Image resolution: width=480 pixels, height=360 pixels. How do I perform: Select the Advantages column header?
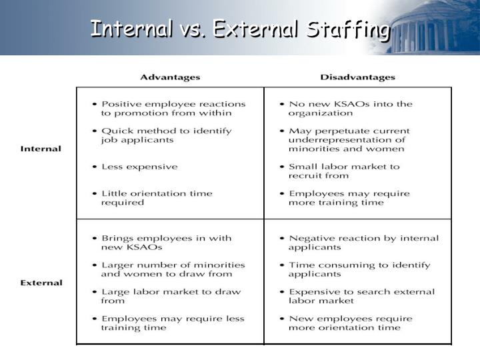pos(170,77)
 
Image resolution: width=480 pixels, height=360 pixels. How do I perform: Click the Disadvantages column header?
pos(357,77)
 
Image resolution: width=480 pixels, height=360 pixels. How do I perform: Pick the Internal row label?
pos(41,149)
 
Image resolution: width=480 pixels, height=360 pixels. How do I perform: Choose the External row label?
pos(41,283)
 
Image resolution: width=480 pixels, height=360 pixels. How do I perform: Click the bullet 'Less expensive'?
pos(139,167)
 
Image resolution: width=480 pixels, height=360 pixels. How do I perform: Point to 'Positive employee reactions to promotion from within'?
pos(173,109)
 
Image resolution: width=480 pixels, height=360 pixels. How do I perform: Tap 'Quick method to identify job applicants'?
pos(166,135)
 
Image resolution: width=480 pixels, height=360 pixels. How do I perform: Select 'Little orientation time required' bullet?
pos(156,198)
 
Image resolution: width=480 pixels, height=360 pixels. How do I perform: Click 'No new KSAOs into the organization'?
pos(350,109)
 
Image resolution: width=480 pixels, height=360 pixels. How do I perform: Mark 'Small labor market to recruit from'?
pos(343,171)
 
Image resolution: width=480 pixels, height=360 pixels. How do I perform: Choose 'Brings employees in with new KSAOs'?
pos(166,243)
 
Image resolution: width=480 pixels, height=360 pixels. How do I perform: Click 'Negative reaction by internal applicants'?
pos(363,243)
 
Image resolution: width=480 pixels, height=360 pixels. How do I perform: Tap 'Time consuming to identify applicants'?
pos(359,269)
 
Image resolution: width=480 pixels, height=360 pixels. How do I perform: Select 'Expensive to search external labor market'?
pos(361,297)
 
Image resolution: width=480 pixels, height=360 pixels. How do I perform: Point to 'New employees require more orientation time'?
pos(350,323)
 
